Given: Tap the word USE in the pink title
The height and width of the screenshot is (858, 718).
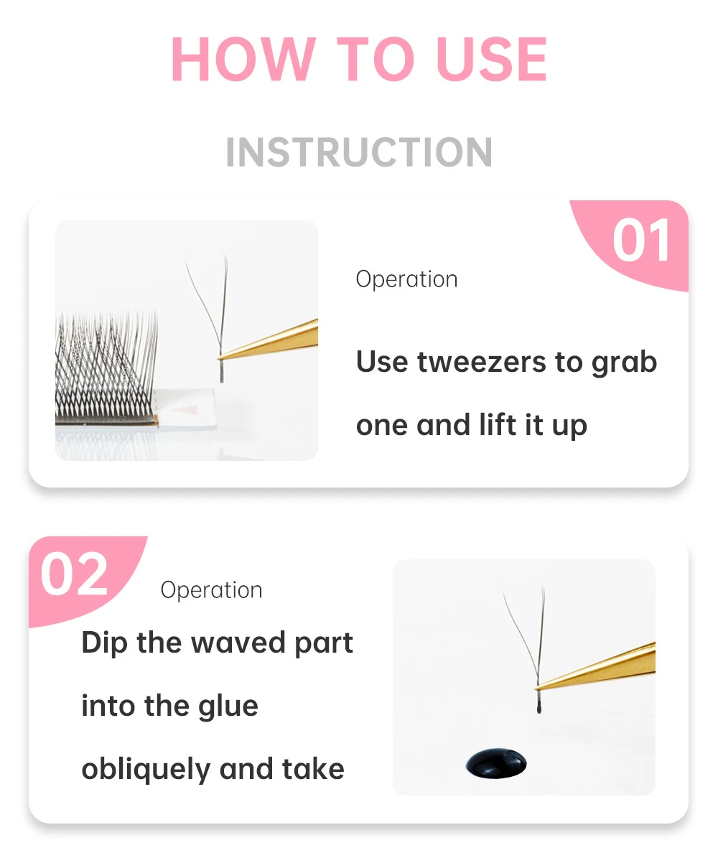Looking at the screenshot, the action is click(x=491, y=59).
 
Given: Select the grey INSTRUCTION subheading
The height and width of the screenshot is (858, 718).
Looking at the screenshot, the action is click(x=359, y=152).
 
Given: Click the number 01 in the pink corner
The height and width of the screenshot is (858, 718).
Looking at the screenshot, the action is click(x=641, y=241).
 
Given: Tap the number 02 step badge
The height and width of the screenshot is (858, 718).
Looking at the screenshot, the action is click(x=75, y=574).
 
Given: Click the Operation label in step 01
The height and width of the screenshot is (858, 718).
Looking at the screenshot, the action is click(x=406, y=279).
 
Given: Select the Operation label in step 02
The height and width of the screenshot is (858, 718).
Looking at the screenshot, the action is click(x=211, y=590).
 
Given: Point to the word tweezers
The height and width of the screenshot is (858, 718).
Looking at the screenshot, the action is click(x=482, y=363).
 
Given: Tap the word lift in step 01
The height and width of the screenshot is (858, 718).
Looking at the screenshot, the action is click(x=497, y=424).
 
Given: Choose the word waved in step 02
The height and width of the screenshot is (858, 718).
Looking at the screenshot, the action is click(x=238, y=643).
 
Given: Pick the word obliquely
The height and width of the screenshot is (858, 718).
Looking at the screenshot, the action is click(x=146, y=770).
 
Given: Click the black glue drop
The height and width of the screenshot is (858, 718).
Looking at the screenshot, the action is click(x=496, y=763).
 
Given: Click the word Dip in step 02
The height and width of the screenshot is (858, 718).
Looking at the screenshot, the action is click(x=105, y=643).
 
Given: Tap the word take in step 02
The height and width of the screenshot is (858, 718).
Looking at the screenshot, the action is click(x=313, y=769).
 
